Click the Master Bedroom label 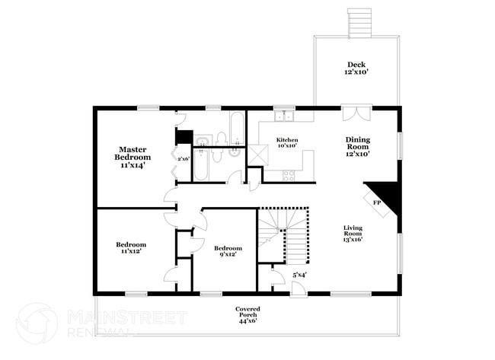click(132, 156)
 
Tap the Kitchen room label click(286, 144)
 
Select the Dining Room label click(357, 146)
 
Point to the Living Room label click(353, 233)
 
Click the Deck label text click(356, 68)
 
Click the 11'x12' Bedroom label click(131, 248)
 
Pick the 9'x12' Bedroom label click(228, 252)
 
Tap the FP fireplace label click(376, 203)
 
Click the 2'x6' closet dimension click(183, 158)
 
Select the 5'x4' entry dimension click(300, 275)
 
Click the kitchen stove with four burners click(289, 175)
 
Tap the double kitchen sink click(286, 116)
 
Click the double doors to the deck click(356, 114)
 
